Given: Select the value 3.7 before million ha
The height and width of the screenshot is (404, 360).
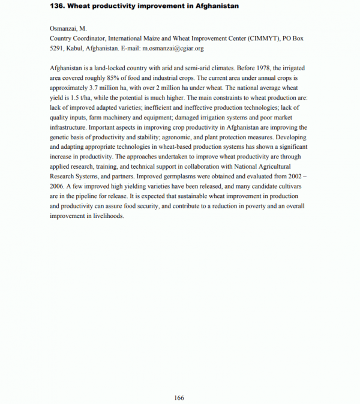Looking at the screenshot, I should [98, 88].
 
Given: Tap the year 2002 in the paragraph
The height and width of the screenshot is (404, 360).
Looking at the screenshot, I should [292, 176].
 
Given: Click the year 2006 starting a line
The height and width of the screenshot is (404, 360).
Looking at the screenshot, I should [59, 186].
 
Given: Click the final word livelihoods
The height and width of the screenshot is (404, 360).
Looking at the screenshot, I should [107, 216].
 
